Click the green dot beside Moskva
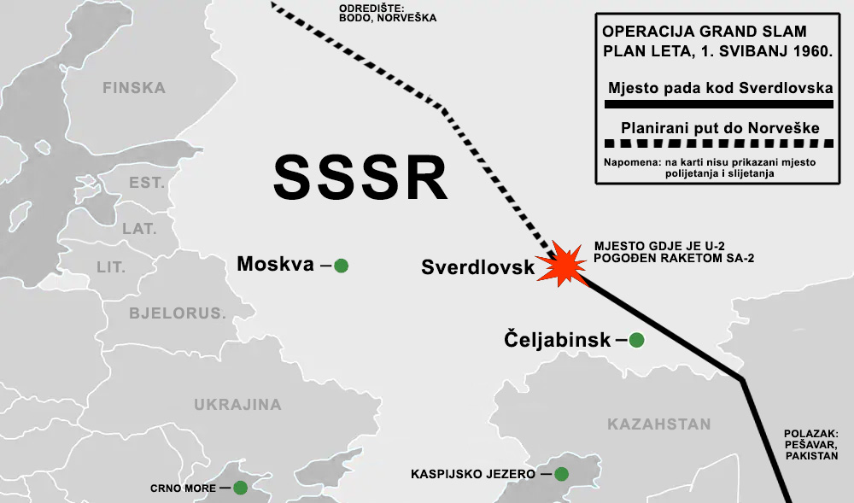(341, 266)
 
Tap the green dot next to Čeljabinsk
(636, 340)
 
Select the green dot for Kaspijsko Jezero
(561, 473)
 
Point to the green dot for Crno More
(240, 488)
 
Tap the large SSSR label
(360, 177)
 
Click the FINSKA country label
(133, 87)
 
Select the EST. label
(146, 183)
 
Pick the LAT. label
(139, 229)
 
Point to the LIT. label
(111, 267)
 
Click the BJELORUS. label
(178, 313)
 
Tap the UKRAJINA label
(237, 405)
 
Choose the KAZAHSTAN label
(658, 424)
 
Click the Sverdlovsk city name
(477, 267)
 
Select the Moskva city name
(276, 265)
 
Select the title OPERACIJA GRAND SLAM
(705, 32)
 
